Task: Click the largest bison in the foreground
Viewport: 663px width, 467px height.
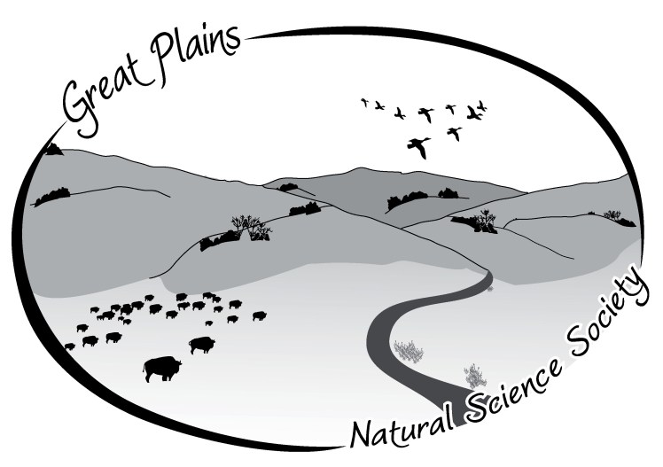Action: (x=161, y=367)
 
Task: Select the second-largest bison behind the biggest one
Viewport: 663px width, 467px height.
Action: (x=201, y=344)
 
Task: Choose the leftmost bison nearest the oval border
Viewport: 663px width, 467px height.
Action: (x=70, y=346)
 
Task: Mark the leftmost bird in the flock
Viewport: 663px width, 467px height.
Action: (x=364, y=102)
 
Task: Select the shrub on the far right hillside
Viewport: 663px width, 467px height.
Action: (x=612, y=214)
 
